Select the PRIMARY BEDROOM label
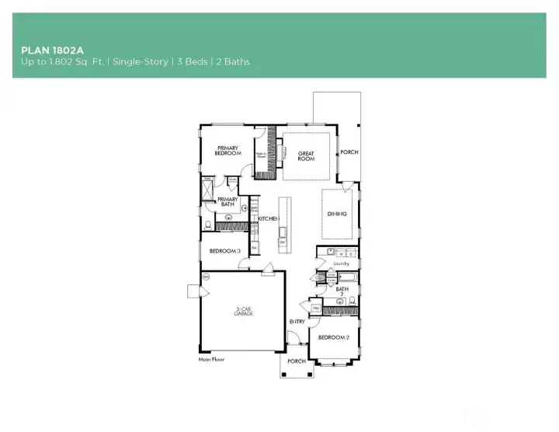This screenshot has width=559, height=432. [x=227, y=151]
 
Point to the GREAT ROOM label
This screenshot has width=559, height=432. [x=306, y=156]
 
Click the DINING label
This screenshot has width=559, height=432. [x=336, y=214]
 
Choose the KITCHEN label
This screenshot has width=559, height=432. [x=268, y=219]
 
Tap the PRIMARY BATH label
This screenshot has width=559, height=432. [x=227, y=202]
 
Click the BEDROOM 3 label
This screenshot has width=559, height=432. [x=224, y=250]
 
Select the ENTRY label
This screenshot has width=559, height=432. [x=297, y=321]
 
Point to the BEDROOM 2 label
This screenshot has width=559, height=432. [x=335, y=337]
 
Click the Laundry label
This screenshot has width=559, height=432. [x=342, y=263]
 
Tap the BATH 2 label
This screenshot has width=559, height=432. [x=342, y=292]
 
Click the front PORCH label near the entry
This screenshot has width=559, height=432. [x=296, y=361]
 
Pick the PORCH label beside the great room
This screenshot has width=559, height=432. [x=349, y=152]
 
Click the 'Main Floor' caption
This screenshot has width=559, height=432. [x=211, y=360]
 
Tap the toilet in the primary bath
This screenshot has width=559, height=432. [x=208, y=225]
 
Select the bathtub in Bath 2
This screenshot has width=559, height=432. [x=345, y=277]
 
